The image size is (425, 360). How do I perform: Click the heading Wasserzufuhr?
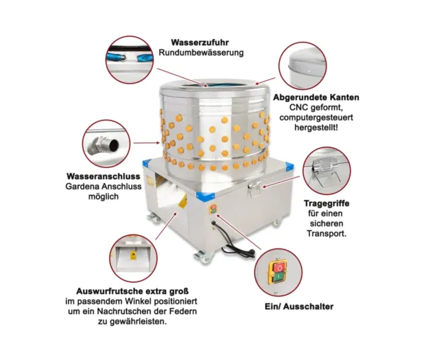200,43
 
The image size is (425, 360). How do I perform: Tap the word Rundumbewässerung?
201,52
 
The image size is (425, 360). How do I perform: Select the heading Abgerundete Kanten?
316,97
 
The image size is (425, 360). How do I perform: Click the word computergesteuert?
317,118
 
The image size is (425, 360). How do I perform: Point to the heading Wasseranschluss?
103,176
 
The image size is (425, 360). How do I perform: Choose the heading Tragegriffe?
327,203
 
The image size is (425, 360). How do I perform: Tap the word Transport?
327,233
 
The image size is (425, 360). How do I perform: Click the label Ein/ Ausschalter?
299,307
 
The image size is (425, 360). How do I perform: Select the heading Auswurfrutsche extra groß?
132,291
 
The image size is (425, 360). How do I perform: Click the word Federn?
183,311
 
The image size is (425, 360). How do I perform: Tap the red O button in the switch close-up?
280,268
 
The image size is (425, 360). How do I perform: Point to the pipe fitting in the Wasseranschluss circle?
103,145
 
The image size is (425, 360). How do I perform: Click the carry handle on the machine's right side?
254,188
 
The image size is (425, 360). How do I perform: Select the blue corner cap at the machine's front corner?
205,196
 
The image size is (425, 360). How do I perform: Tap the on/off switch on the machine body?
213,209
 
